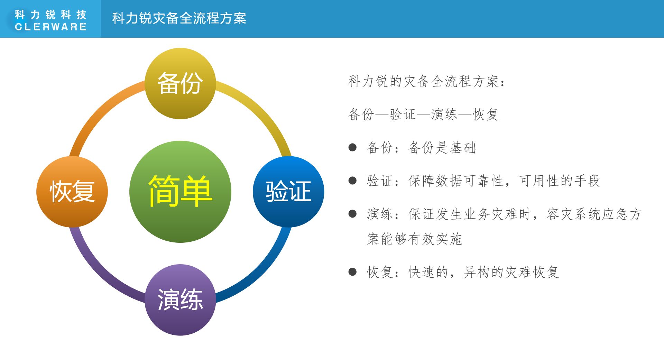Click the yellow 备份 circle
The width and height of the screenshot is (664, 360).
[x=180, y=84]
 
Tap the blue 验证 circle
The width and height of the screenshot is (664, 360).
[x=288, y=192]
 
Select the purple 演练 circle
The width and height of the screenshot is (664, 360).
[x=180, y=300]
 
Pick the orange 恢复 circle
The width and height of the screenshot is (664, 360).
[x=72, y=192]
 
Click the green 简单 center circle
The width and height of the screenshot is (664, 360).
[x=180, y=192]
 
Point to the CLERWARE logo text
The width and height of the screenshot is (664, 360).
[x=51, y=27]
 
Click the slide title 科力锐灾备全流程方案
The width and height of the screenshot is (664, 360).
[x=179, y=18]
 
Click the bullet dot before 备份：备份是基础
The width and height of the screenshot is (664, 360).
[x=352, y=148]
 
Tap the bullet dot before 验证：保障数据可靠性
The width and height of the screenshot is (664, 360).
[x=352, y=181]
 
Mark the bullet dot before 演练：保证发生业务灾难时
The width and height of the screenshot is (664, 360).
[x=352, y=214]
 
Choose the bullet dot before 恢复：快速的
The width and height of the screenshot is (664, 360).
[x=352, y=272]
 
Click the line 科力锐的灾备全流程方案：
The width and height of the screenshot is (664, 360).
[x=426, y=81]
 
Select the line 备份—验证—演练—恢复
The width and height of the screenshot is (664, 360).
[x=423, y=114]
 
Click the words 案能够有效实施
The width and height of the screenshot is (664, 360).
[x=414, y=239]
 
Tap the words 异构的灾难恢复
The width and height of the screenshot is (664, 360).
[x=511, y=272]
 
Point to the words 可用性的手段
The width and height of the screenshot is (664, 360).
[x=560, y=181]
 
